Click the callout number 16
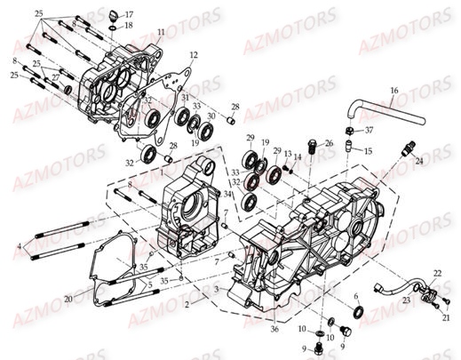coord(394,90)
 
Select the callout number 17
coord(129,14)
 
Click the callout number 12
coord(195,55)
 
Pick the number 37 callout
coord(370,129)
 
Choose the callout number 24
coord(420,162)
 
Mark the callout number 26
coord(329,142)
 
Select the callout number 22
coord(436,271)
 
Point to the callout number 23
coord(408,300)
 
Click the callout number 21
coord(448,316)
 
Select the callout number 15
coord(369,150)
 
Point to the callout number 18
coord(129,26)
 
